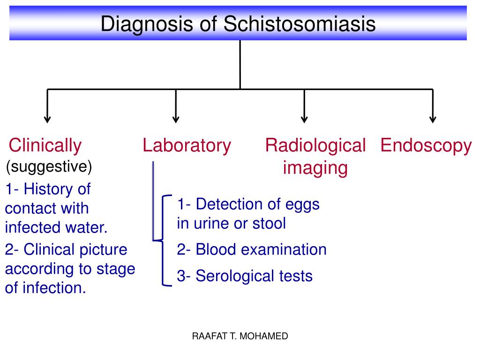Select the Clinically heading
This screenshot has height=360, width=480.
pos(45,146)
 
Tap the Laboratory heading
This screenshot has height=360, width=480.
pos(187,146)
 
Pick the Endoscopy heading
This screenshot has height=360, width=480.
pos(426,146)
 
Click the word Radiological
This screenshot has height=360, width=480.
pos(315,146)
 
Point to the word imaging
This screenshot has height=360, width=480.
pos(315,168)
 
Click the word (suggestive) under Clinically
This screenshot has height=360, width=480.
pos(49,166)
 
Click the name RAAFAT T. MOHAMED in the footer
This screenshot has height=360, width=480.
pos(240,336)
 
